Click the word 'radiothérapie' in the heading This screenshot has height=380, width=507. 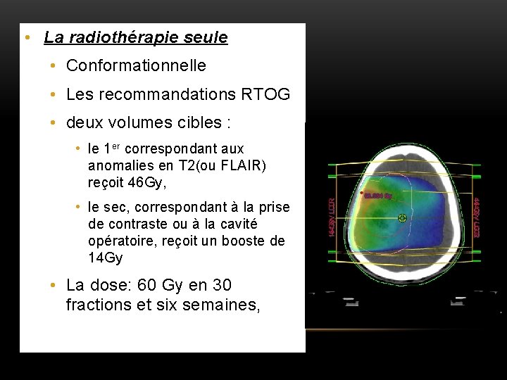pyautogui.click(x=123, y=37)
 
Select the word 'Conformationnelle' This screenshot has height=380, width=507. pyautogui.click(x=136, y=66)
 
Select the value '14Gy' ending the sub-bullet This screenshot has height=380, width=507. pyautogui.click(x=106, y=258)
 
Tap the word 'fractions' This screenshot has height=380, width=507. pyautogui.click(x=96, y=305)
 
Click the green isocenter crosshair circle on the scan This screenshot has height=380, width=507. pyautogui.click(x=402, y=218)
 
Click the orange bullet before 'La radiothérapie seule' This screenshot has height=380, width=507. pyautogui.click(x=26, y=37)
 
